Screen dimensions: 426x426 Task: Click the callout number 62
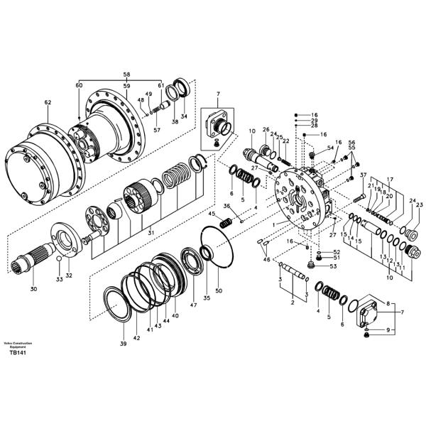pos(48,103)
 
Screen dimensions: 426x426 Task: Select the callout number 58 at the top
pos(126,74)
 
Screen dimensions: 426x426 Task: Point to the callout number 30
pos(33,289)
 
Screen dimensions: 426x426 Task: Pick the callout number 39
pos(123,344)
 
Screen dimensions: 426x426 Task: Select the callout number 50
pos(219,291)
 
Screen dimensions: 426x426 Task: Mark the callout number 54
pos(330,148)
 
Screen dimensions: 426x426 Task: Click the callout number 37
pos(363,175)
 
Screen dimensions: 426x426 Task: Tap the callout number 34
pos(183,116)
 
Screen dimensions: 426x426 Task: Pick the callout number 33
pos(60,280)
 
